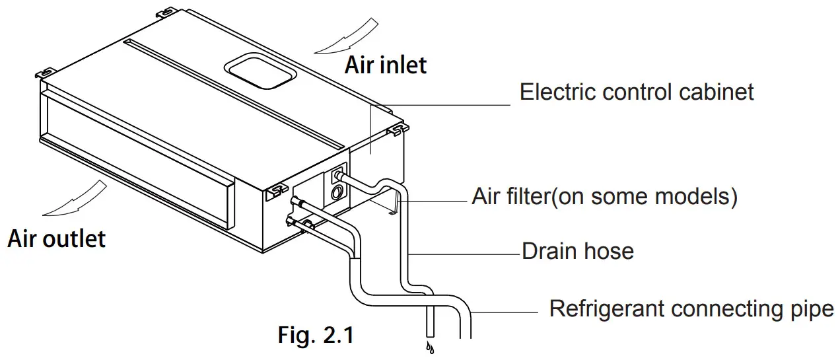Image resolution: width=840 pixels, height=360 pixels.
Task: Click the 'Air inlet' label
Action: [x=386, y=65]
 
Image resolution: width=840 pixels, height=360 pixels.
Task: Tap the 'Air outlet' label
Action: [x=56, y=238]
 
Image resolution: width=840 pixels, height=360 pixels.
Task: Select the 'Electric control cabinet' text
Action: [x=637, y=91]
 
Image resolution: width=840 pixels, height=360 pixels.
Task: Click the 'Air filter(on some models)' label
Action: [x=604, y=196]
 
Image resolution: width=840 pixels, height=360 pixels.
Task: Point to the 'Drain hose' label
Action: [x=578, y=251]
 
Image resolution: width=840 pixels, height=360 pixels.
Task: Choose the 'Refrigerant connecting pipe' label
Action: [x=691, y=308]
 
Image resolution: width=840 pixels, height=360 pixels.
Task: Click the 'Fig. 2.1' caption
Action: [x=316, y=335]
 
